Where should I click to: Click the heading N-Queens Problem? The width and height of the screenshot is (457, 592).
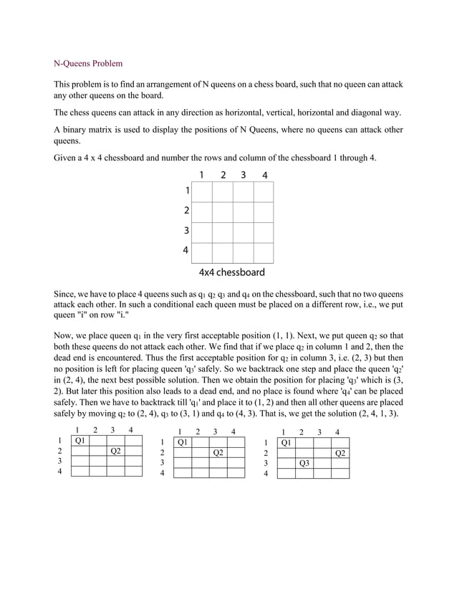(x=88, y=64)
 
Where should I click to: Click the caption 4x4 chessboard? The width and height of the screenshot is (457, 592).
(x=231, y=272)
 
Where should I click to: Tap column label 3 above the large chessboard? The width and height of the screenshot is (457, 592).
(x=244, y=175)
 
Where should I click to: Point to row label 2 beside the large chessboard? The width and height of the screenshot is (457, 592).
(x=187, y=211)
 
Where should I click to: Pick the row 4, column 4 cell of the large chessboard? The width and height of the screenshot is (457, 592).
(x=264, y=252)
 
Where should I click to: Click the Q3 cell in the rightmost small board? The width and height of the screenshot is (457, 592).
(x=304, y=463)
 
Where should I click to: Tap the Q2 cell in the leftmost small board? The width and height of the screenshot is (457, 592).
(x=115, y=452)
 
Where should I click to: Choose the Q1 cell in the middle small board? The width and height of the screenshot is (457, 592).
(x=183, y=442)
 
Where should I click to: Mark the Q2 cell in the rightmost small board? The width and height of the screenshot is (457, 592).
(x=340, y=453)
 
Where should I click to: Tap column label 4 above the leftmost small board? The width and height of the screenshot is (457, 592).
(x=130, y=431)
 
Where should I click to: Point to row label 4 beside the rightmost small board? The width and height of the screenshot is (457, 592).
(x=266, y=474)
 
